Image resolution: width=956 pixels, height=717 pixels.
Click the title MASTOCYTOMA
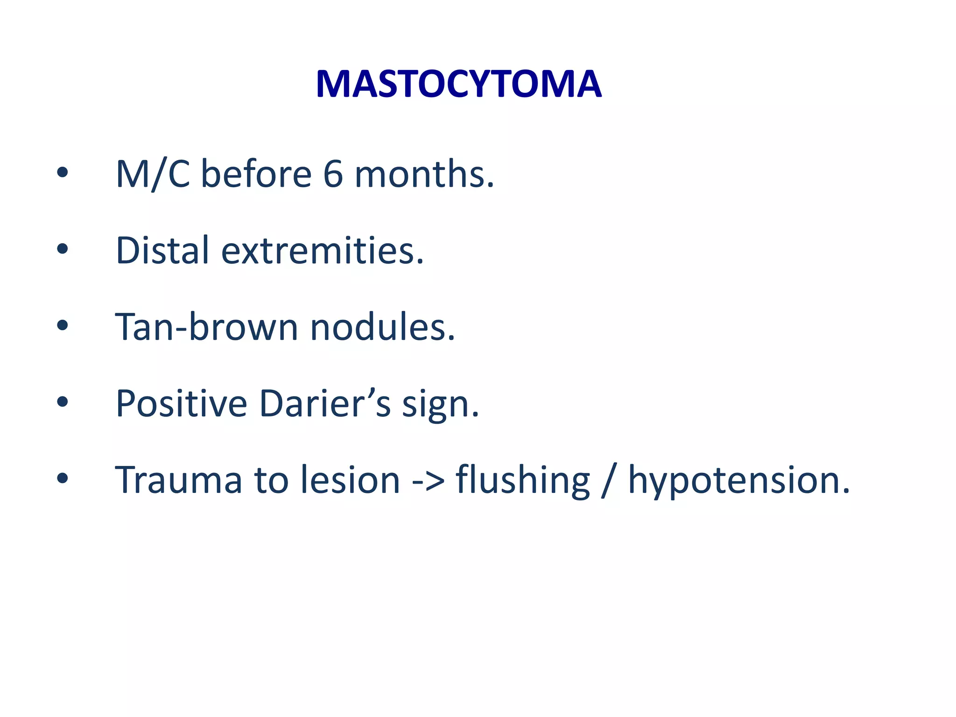(x=458, y=84)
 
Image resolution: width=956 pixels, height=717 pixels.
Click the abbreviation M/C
(x=153, y=174)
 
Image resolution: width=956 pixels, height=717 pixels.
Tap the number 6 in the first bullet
(x=333, y=174)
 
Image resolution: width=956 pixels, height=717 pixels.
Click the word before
(x=256, y=174)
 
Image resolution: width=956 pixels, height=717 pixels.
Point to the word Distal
(x=162, y=250)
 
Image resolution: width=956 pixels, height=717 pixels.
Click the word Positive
(x=181, y=403)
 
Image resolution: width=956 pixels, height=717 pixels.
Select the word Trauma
(x=178, y=480)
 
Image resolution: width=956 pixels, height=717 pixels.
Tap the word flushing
(x=522, y=481)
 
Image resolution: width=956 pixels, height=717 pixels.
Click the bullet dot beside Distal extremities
(x=62, y=249)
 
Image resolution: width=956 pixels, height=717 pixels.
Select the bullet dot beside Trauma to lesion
(x=62, y=478)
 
